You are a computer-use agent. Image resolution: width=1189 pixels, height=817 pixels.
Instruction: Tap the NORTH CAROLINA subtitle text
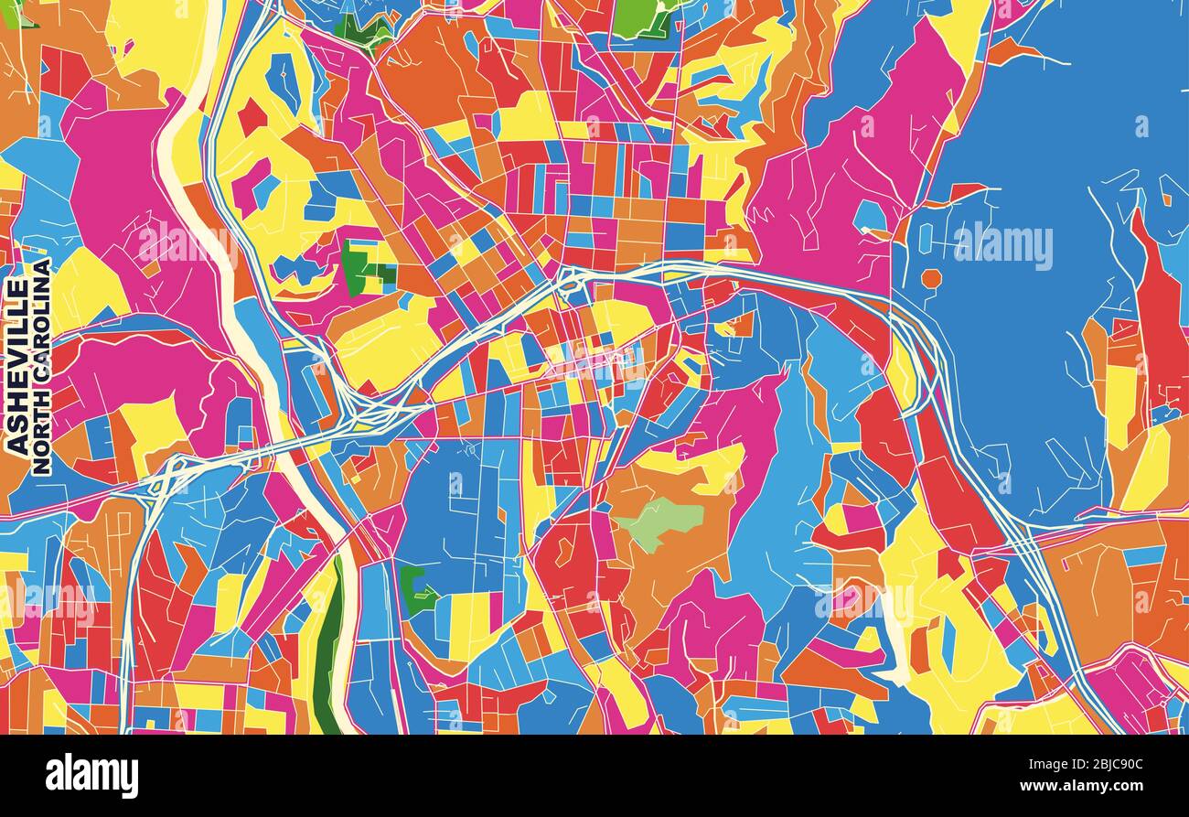coord(41,366)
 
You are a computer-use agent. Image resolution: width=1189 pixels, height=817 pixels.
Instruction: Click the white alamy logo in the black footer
coord(91,776)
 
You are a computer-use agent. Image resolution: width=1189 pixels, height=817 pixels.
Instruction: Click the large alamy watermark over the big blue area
coord(1002,245)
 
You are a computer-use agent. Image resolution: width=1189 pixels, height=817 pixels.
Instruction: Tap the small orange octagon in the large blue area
coord(931,277)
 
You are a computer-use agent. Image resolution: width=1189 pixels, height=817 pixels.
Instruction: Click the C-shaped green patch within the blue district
coord(414,590)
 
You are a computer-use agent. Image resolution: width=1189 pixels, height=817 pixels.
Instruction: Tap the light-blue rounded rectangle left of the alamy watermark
coord(924,237)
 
